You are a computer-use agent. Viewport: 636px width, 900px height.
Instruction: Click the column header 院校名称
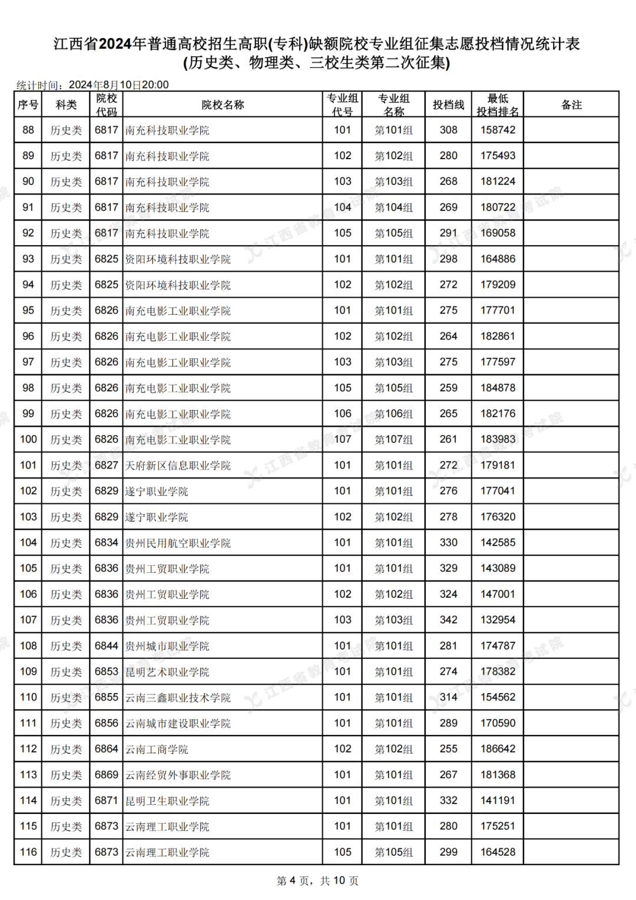[223, 105]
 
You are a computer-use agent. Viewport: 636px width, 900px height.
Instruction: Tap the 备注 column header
[571, 105]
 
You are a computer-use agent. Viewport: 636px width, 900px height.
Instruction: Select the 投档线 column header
[448, 105]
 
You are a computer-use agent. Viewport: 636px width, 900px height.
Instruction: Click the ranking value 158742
[498, 130]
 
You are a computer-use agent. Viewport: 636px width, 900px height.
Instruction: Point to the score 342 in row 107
[448, 620]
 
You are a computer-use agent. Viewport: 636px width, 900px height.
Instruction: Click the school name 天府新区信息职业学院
[178, 466]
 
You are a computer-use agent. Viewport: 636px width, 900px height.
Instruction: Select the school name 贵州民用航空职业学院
[178, 543]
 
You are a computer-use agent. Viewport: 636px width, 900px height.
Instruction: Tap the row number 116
[28, 852]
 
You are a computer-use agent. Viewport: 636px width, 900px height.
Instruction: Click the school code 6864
[107, 749]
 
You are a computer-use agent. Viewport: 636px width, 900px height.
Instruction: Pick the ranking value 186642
[498, 749]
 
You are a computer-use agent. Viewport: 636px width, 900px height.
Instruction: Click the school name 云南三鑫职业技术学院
[178, 697]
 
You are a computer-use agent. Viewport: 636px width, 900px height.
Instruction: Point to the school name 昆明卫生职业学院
[167, 800]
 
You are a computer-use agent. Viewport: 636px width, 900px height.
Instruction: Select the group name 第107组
[394, 440]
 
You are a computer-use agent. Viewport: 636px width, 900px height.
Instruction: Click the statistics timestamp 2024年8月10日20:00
[119, 85]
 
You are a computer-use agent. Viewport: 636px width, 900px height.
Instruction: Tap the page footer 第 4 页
[293, 881]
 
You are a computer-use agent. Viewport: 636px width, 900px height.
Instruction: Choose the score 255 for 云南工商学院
[448, 749]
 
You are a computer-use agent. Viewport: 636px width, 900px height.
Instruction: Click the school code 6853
[107, 672]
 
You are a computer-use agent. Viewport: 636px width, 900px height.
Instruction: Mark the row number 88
[28, 130]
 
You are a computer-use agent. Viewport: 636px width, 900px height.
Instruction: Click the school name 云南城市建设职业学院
[178, 723]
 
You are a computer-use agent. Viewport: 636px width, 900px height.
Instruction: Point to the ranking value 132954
[498, 620]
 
